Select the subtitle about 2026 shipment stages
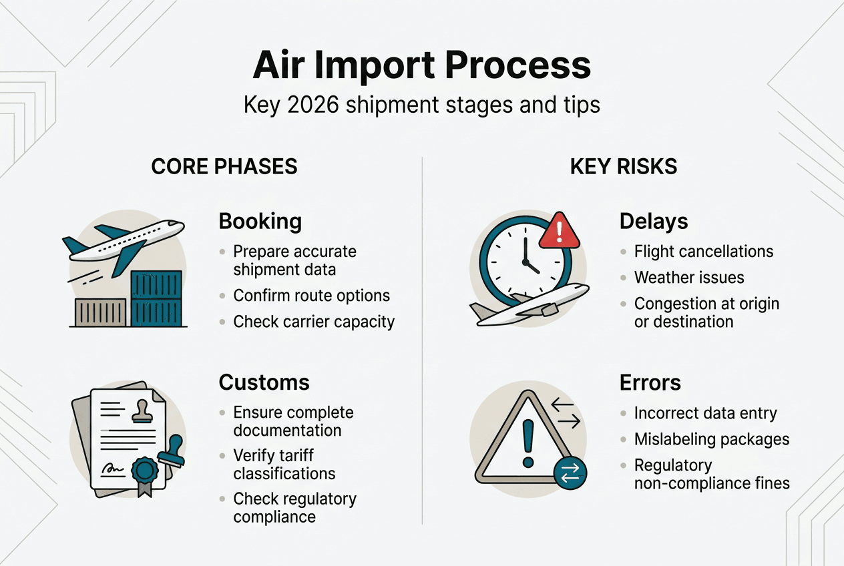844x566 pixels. coord(421,105)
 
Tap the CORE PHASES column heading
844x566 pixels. coord(224,166)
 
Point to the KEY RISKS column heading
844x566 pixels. coord(624,166)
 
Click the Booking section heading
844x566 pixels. coord(260,221)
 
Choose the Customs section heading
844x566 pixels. coord(264,382)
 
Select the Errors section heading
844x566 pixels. coord(650,382)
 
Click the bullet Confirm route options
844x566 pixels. coord(311,295)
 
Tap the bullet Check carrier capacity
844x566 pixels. coord(314,322)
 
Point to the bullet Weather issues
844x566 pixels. coord(689,278)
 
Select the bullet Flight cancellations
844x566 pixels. coord(704,252)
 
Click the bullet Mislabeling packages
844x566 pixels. coord(712,439)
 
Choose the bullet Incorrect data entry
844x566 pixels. coord(705,413)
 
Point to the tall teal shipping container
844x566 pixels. coord(156,298)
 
